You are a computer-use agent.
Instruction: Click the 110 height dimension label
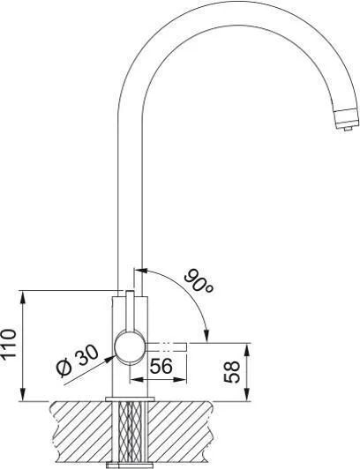click(8, 343)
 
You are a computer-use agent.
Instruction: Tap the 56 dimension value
click(161, 366)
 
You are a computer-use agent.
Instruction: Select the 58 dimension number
click(232, 372)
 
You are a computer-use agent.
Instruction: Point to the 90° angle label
click(199, 281)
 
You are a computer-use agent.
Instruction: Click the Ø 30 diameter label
click(78, 361)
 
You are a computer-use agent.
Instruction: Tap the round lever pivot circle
click(130, 348)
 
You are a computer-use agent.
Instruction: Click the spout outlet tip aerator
click(346, 120)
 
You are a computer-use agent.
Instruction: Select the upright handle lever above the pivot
click(130, 311)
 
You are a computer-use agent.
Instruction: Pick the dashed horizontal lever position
click(167, 347)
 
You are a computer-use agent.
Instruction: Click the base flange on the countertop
click(130, 398)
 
